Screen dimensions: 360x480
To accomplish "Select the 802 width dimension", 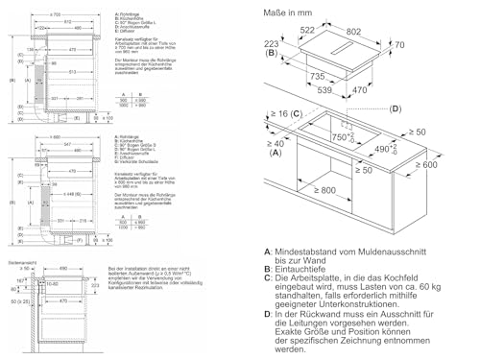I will click(382, 31).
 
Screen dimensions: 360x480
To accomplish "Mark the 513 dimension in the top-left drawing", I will click(59, 70).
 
